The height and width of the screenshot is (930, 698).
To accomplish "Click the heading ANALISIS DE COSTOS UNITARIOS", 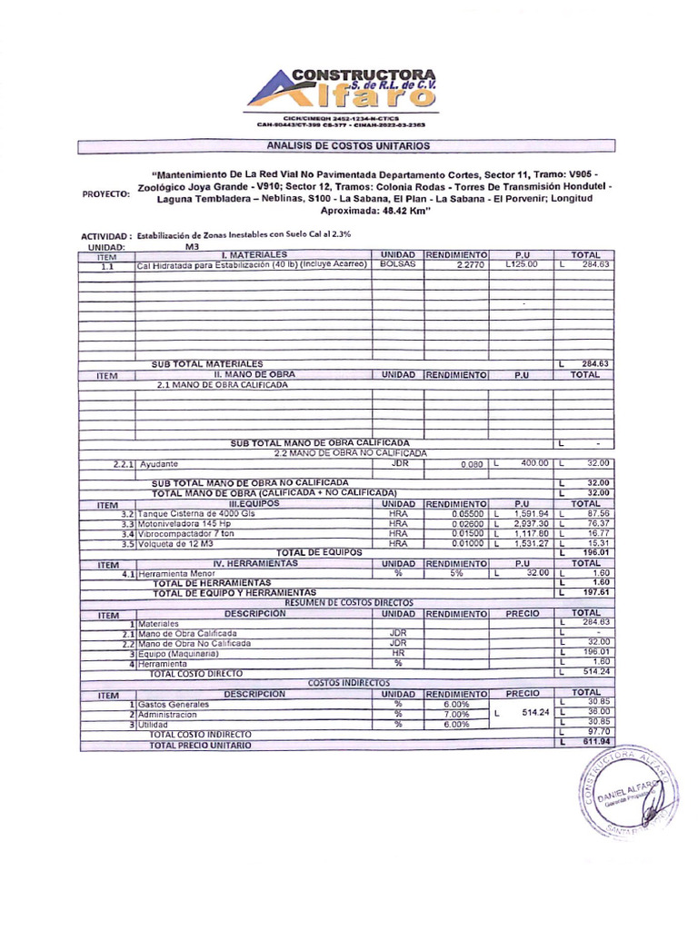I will coord(348,145).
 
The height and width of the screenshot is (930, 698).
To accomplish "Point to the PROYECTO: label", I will coord(106,193).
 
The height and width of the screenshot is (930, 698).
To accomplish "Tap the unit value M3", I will coord(192,246).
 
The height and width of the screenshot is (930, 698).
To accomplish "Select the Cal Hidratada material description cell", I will coord(251,264).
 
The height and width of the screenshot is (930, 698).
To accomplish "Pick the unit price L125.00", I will coord(521,264).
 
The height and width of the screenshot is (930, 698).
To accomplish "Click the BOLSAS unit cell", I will coord(397,264).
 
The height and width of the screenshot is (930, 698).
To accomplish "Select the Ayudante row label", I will coord(159,463).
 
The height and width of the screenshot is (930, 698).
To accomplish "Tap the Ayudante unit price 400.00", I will coord(533,463).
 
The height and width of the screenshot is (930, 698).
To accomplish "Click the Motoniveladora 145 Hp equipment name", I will coord(185,523).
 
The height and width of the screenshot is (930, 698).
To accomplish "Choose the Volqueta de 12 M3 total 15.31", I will coord(593,543).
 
